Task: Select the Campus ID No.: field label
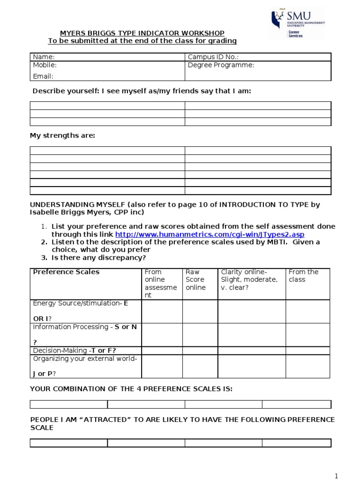[x=214, y=57]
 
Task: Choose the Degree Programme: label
[x=221, y=65]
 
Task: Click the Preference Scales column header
[x=66, y=272]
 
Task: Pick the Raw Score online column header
[x=195, y=279]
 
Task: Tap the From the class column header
[x=303, y=276]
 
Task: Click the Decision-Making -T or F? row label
[x=74, y=351]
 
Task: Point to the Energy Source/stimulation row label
[x=80, y=303]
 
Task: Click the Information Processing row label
[x=84, y=327]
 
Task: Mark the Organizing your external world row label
[x=84, y=359]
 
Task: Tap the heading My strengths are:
[x=62, y=135]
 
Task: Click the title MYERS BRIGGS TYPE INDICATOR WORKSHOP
[x=142, y=33]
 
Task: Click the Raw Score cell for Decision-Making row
[x=200, y=351]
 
